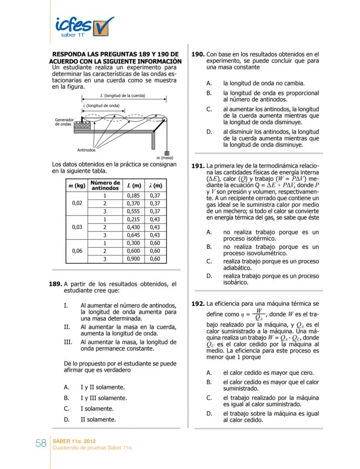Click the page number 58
(x=41, y=443)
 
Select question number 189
(x=56, y=284)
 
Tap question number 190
(x=198, y=55)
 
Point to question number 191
(x=198, y=166)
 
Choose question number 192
(x=198, y=303)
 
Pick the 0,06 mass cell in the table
(x=77, y=251)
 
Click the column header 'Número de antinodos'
(x=105, y=185)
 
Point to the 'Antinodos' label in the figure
(x=86, y=150)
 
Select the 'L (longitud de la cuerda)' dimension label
(x=122, y=95)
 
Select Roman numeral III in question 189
(x=68, y=342)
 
